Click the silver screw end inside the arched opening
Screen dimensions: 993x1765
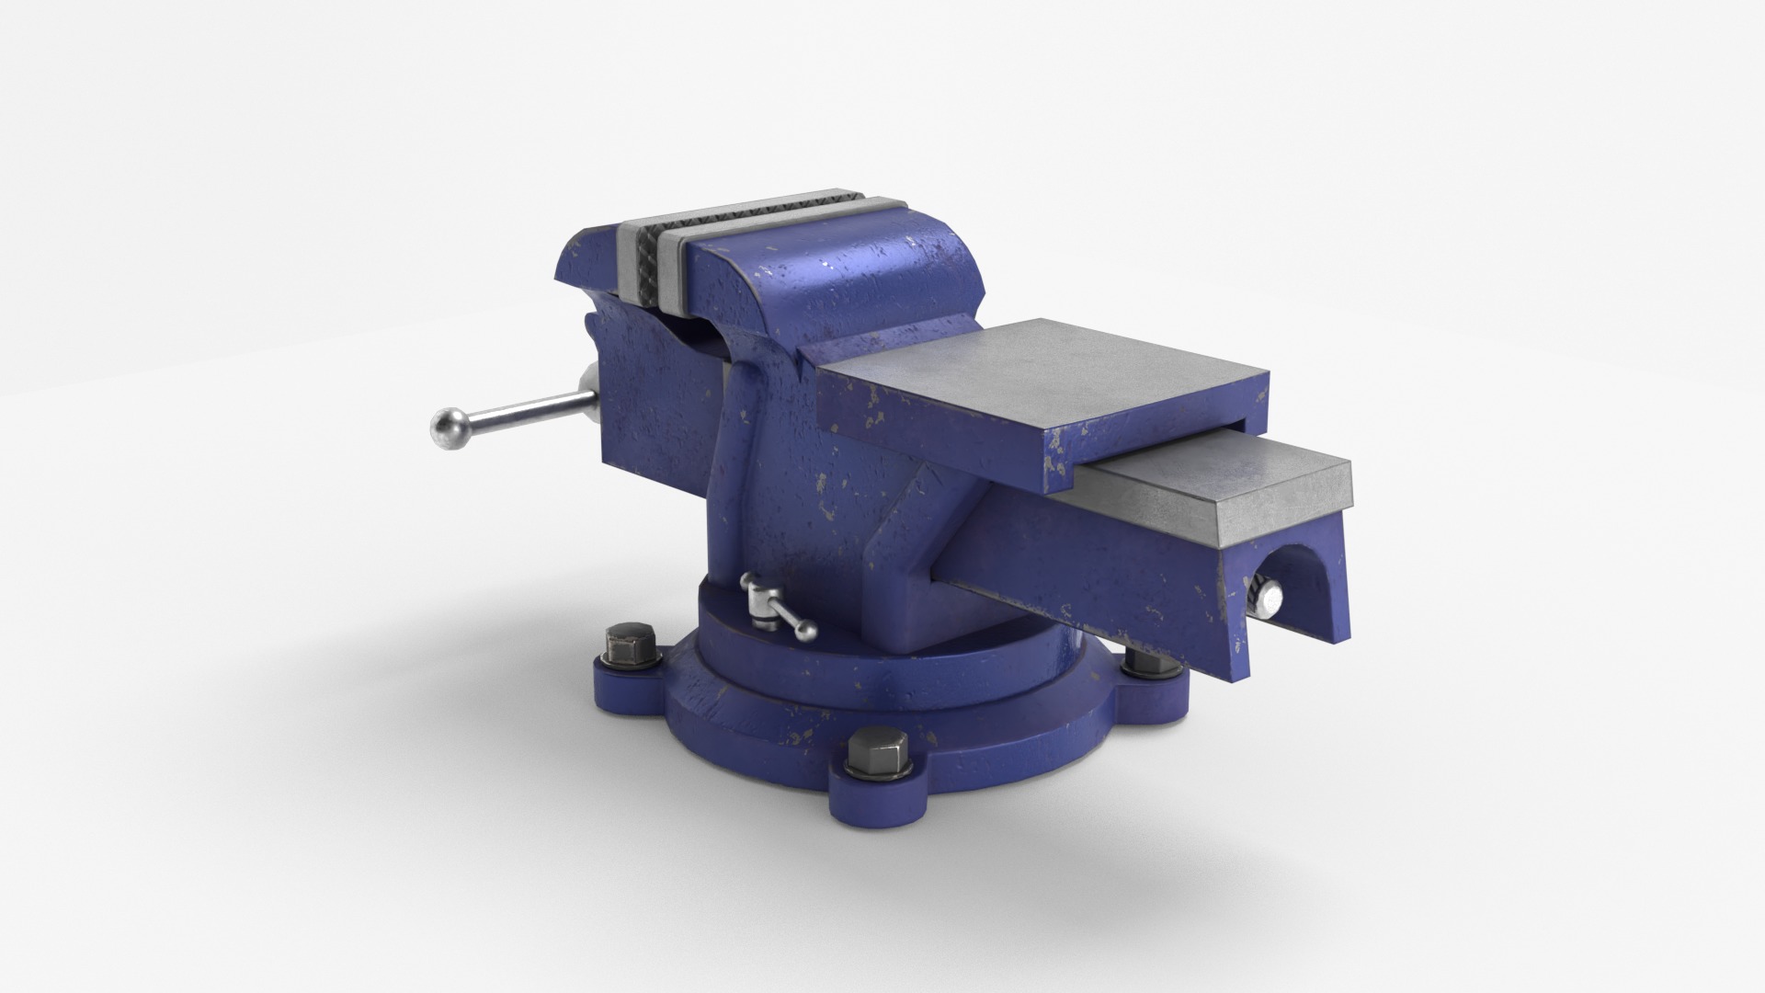click(1271, 600)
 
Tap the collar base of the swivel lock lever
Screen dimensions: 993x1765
click(759, 607)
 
